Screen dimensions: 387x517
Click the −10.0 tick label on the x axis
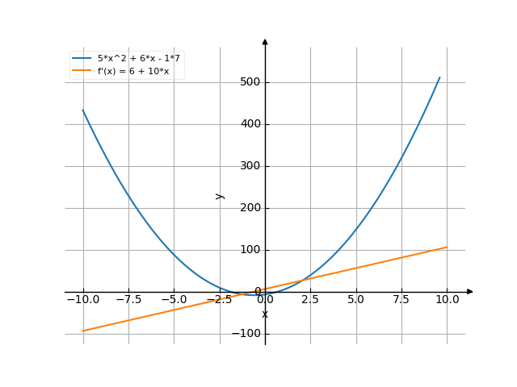coord(82,300)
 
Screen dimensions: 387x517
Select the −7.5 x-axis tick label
coord(128,300)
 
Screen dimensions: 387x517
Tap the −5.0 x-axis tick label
coord(174,300)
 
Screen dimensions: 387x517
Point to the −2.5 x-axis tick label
coord(219,300)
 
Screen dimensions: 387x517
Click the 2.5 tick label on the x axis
coord(310,300)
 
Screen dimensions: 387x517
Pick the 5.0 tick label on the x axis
coord(355,300)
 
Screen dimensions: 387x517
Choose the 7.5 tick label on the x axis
coord(401,300)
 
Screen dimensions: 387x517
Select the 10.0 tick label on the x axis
coord(447,300)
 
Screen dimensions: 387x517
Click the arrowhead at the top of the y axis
coord(265,40)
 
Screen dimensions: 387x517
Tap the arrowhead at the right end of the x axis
coord(470,292)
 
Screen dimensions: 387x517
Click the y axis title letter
coord(219,196)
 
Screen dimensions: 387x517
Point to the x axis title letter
coord(265,314)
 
